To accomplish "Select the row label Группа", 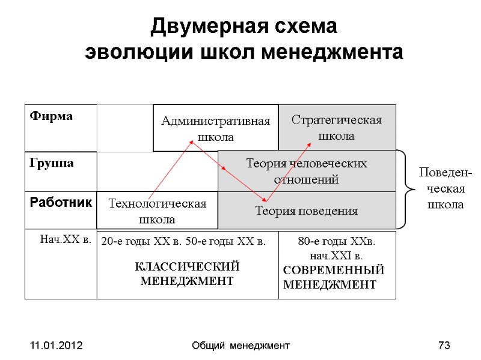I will [x=50, y=163].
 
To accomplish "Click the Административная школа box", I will [x=215, y=128].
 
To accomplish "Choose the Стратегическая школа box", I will [x=336, y=128].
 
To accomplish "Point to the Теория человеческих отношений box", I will [x=307, y=171].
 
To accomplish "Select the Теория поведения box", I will [x=307, y=211].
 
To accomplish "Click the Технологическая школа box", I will [x=156, y=211].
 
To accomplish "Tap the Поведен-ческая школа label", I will [x=445, y=189].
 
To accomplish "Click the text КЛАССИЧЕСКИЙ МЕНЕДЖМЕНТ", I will [x=186, y=274].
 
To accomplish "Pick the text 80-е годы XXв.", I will [x=337, y=242].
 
